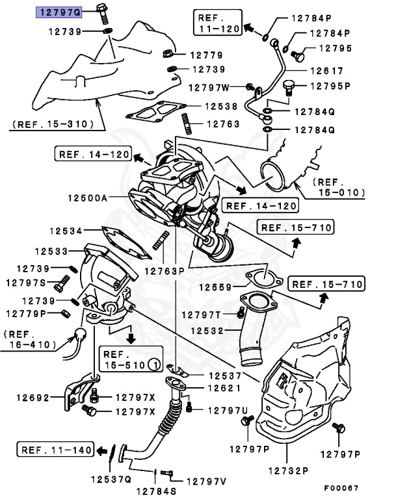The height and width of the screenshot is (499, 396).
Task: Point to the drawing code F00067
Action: click(x=342, y=488)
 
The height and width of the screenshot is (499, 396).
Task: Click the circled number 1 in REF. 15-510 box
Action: click(x=153, y=365)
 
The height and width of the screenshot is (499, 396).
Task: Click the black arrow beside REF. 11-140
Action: click(x=101, y=450)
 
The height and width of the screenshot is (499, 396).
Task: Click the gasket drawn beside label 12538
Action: click(x=155, y=114)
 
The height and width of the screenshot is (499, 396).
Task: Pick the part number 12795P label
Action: click(x=330, y=86)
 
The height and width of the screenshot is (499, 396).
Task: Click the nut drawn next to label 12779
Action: click(x=166, y=55)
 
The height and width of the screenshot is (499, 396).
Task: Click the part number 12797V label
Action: click(x=207, y=481)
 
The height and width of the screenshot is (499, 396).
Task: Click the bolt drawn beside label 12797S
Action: click(x=61, y=282)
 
